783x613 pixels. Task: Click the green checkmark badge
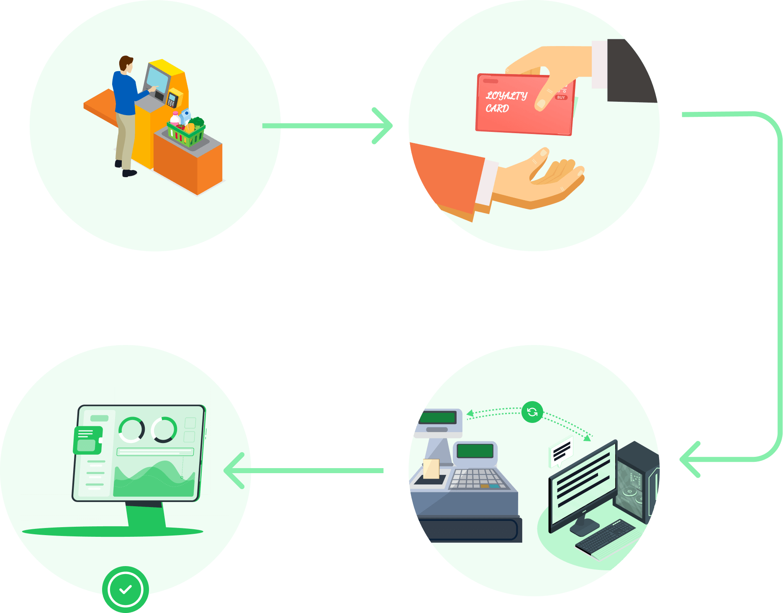pyautogui.click(x=126, y=589)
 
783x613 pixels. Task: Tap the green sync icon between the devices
pyautogui.click(x=532, y=412)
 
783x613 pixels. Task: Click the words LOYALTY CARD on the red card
pyautogui.click(x=506, y=102)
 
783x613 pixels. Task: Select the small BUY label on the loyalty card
pyautogui.click(x=561, y=98)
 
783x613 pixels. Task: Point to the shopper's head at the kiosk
pyautogui.click(x=126, y=64)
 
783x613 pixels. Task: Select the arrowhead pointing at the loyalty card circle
pyautogui.click(x=383, y=126)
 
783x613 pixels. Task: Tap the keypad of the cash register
pyautogui.click(x=478, y=479)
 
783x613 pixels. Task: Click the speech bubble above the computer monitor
pyautogui.click(x=561, y=451)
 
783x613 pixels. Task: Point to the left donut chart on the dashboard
pyautogui.click(x=131, y=430)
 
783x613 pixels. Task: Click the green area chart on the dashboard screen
pyautogui.click(x=155, y=479)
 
